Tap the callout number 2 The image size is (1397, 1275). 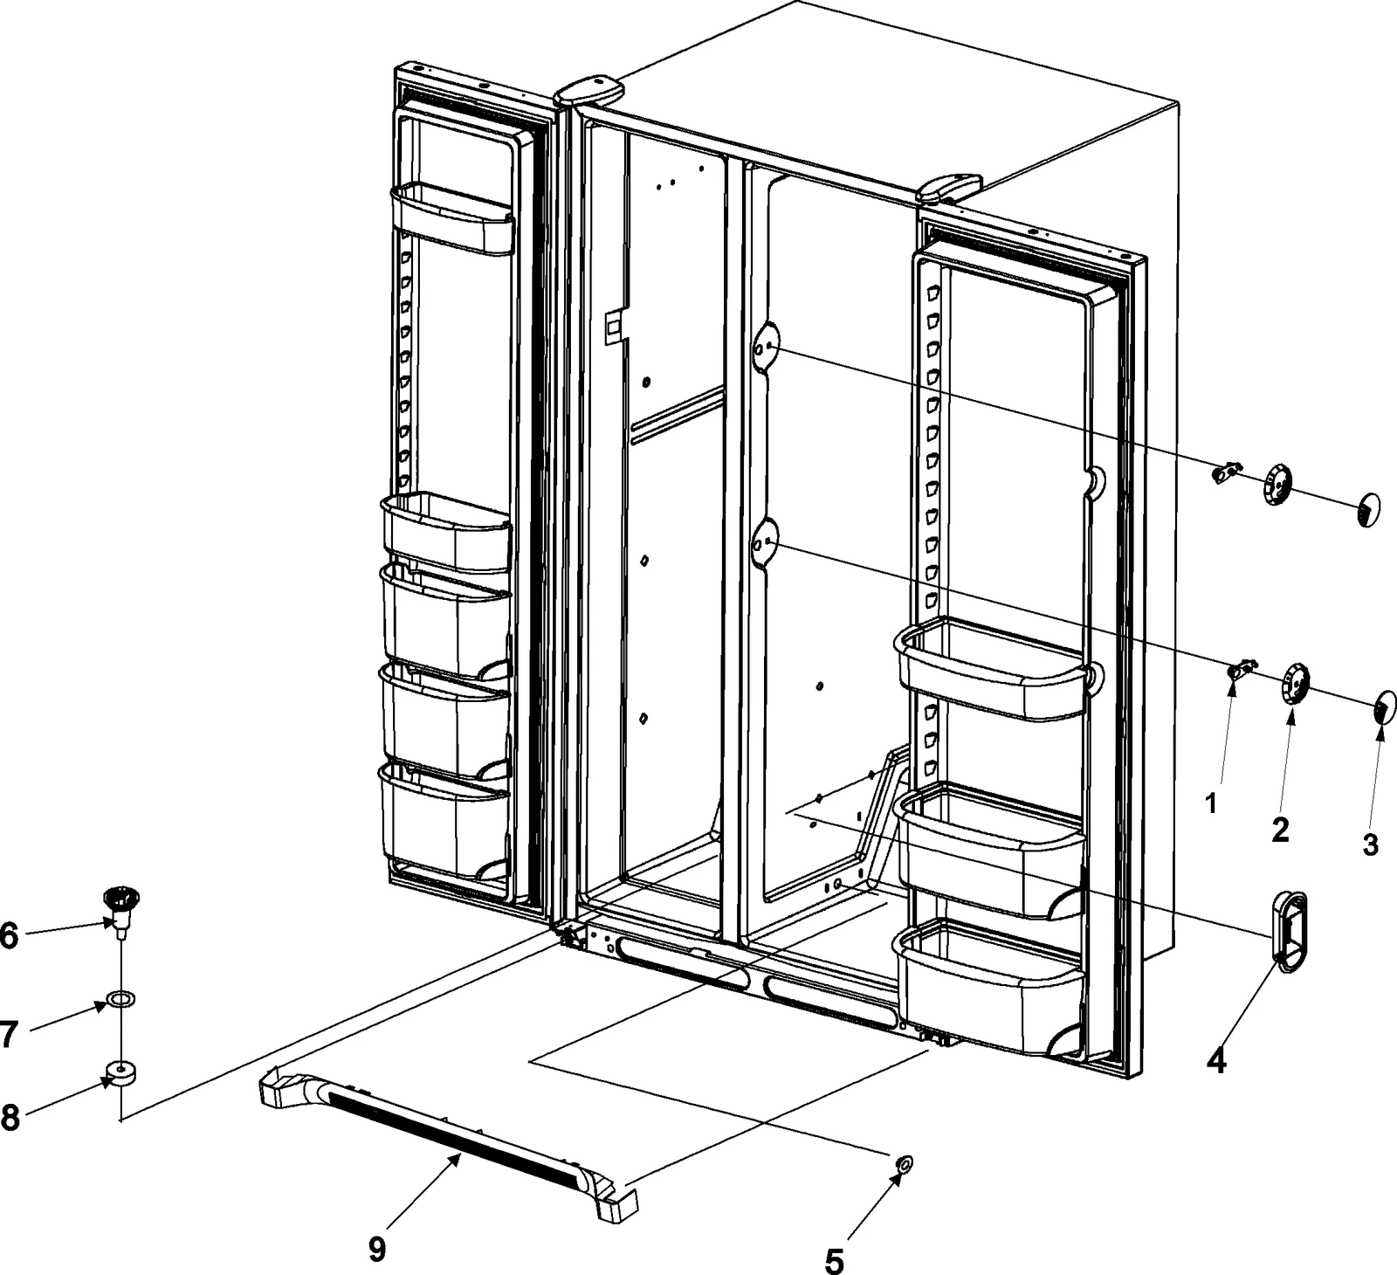1280,830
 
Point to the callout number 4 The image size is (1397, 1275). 1216,1061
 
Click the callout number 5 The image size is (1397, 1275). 835,1260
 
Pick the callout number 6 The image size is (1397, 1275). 8,935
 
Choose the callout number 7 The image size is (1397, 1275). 8,1034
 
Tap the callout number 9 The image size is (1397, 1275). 376,1250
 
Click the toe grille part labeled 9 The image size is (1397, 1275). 445,1132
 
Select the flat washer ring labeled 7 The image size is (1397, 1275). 120,997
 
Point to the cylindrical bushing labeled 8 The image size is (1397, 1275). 120,1072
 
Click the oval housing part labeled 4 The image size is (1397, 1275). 1291,930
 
